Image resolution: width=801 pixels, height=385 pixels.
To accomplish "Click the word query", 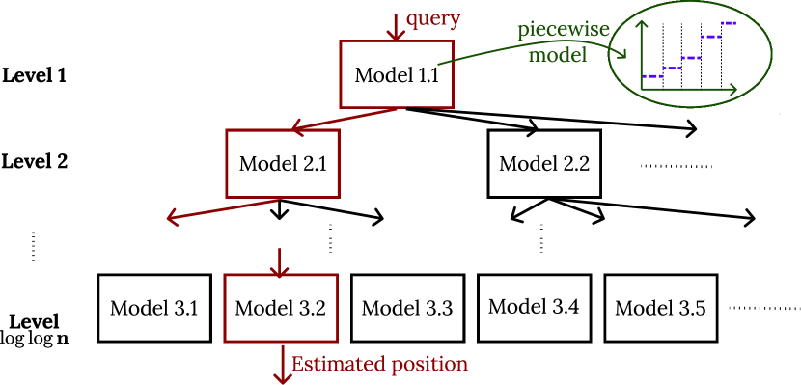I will click(433, 19).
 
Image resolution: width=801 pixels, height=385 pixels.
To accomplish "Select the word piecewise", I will click(564, 30).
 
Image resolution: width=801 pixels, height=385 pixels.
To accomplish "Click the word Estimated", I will click(337, 365).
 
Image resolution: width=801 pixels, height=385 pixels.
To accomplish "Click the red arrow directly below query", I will click(394, 27).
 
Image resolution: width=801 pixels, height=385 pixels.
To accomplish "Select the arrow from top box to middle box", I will click(347, 119).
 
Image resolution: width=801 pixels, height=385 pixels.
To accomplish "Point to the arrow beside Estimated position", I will click(283, 364).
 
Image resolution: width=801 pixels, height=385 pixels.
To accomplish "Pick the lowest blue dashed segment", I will click(653, 76).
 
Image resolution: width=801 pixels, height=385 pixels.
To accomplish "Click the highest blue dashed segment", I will click(729, 22).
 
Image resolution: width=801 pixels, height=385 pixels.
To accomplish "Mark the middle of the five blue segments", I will click(691, 58).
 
